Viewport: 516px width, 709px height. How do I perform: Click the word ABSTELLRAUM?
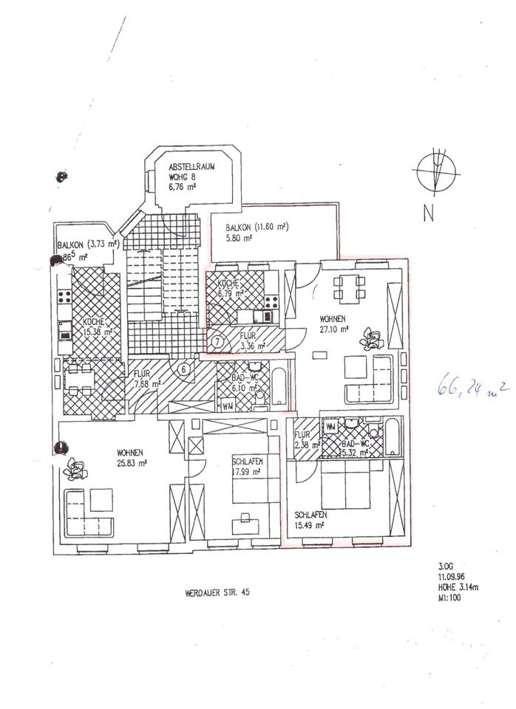[191, 167]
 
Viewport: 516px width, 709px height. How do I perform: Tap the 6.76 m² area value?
[181, 188]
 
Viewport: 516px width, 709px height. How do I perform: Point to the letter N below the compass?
[428, 215]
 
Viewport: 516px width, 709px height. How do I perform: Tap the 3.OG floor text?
[444, 567]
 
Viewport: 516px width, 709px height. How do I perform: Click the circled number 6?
[184, 368]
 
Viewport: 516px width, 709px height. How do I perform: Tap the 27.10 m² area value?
[334, 330]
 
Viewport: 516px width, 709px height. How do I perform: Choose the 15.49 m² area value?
[310, 524]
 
